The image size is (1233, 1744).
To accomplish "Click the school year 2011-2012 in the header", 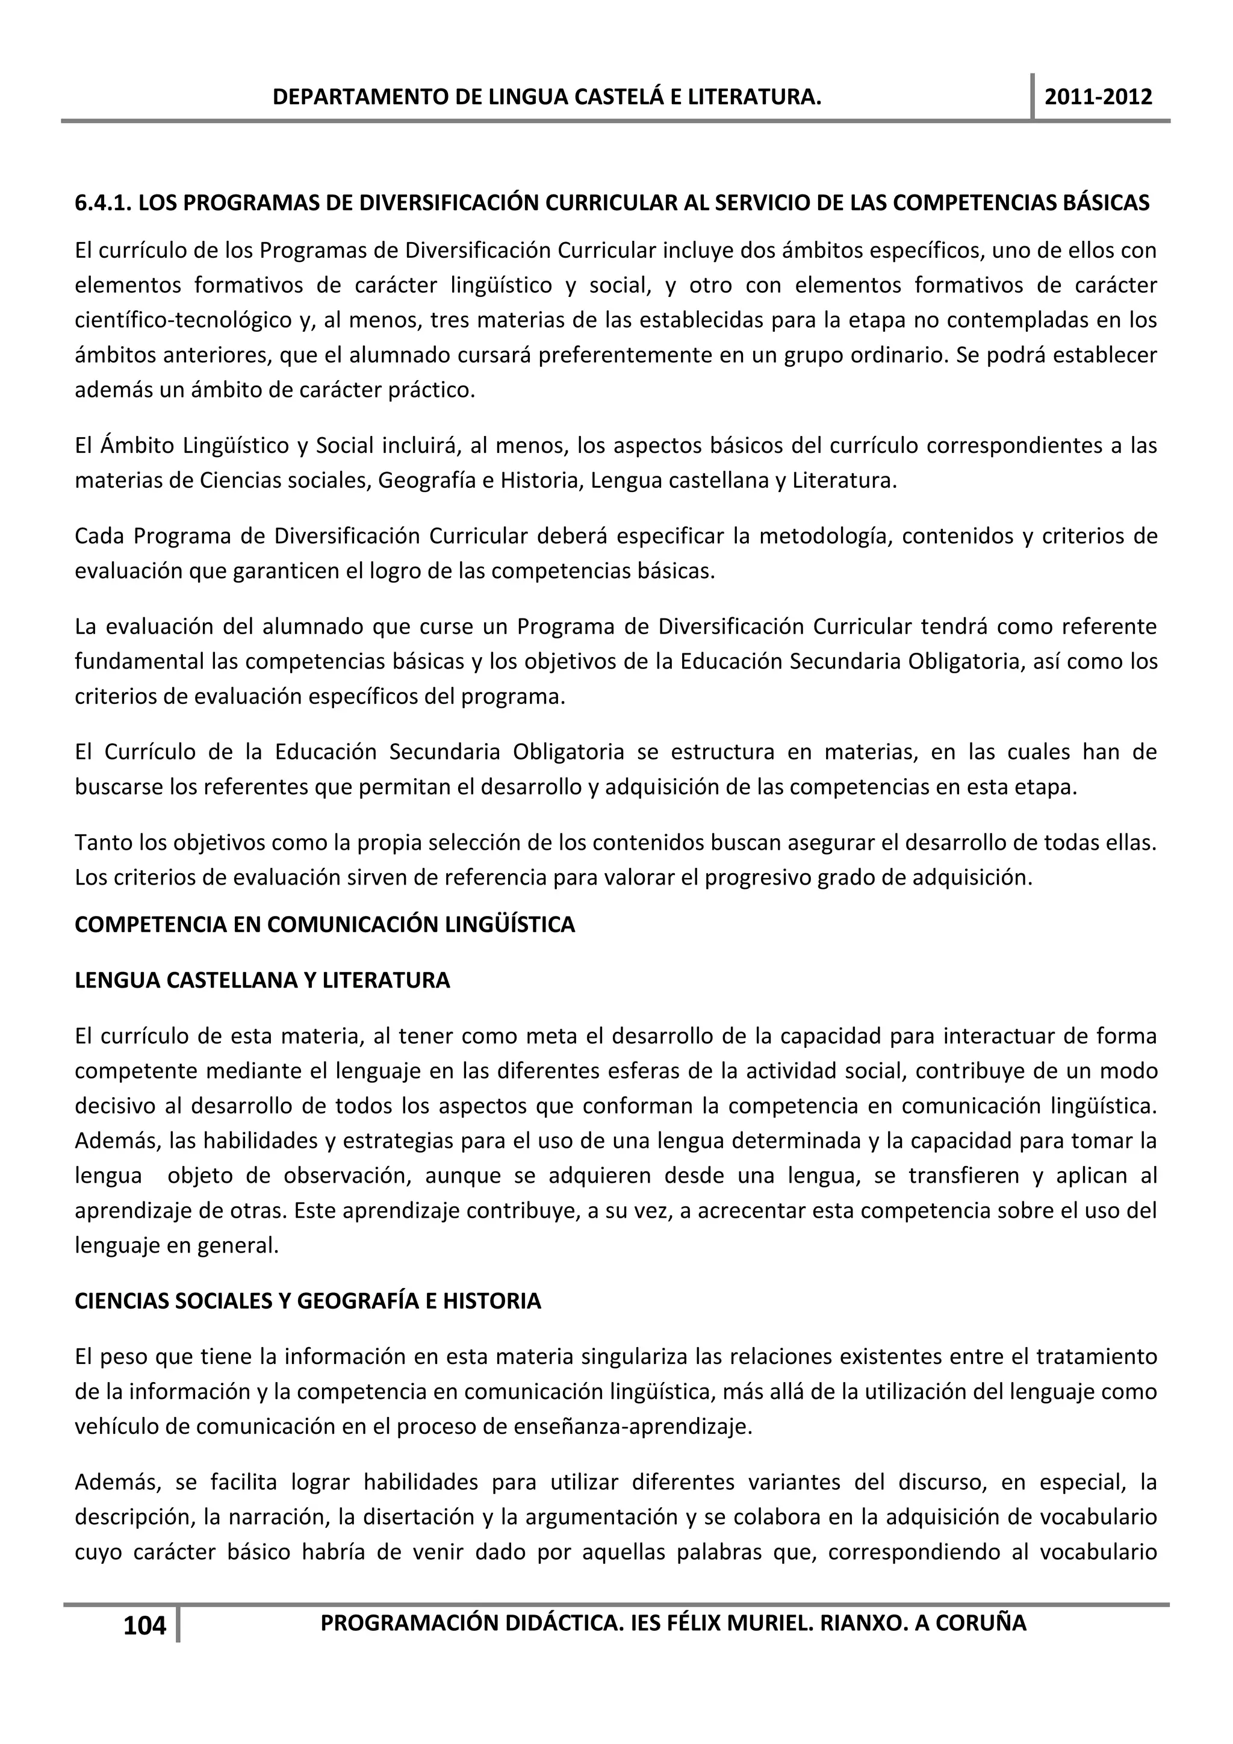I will click(1098, 97).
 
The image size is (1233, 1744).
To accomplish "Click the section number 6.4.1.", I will click(104, 203).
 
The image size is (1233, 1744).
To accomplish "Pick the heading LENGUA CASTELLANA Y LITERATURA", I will click(262, 980).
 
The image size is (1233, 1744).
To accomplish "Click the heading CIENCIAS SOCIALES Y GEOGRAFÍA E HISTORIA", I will click(308, 1301).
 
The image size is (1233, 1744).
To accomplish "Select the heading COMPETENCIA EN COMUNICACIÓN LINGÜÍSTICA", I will click(324, 925).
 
